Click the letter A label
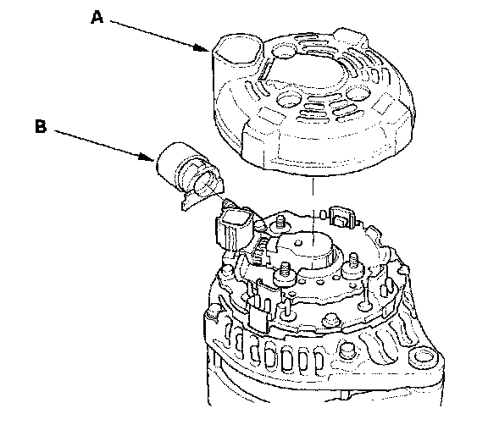tap(97, 17)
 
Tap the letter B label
tap(41, 127)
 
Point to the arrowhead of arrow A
tap(201, 47)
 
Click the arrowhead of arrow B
tap(147, 157)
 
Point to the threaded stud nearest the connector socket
tap(280, 223)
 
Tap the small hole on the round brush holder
tap(298, 242)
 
